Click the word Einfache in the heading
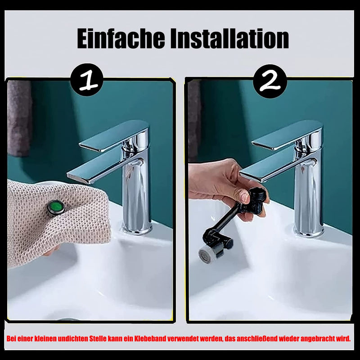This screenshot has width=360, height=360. click(121, 38)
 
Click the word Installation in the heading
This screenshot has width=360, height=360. click(229, 38)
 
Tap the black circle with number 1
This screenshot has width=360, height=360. click(87, 80)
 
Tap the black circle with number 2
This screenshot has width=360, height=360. click(270, 81)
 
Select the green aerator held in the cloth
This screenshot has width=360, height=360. click(56, 207)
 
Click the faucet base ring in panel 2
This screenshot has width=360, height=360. click(309, 232)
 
